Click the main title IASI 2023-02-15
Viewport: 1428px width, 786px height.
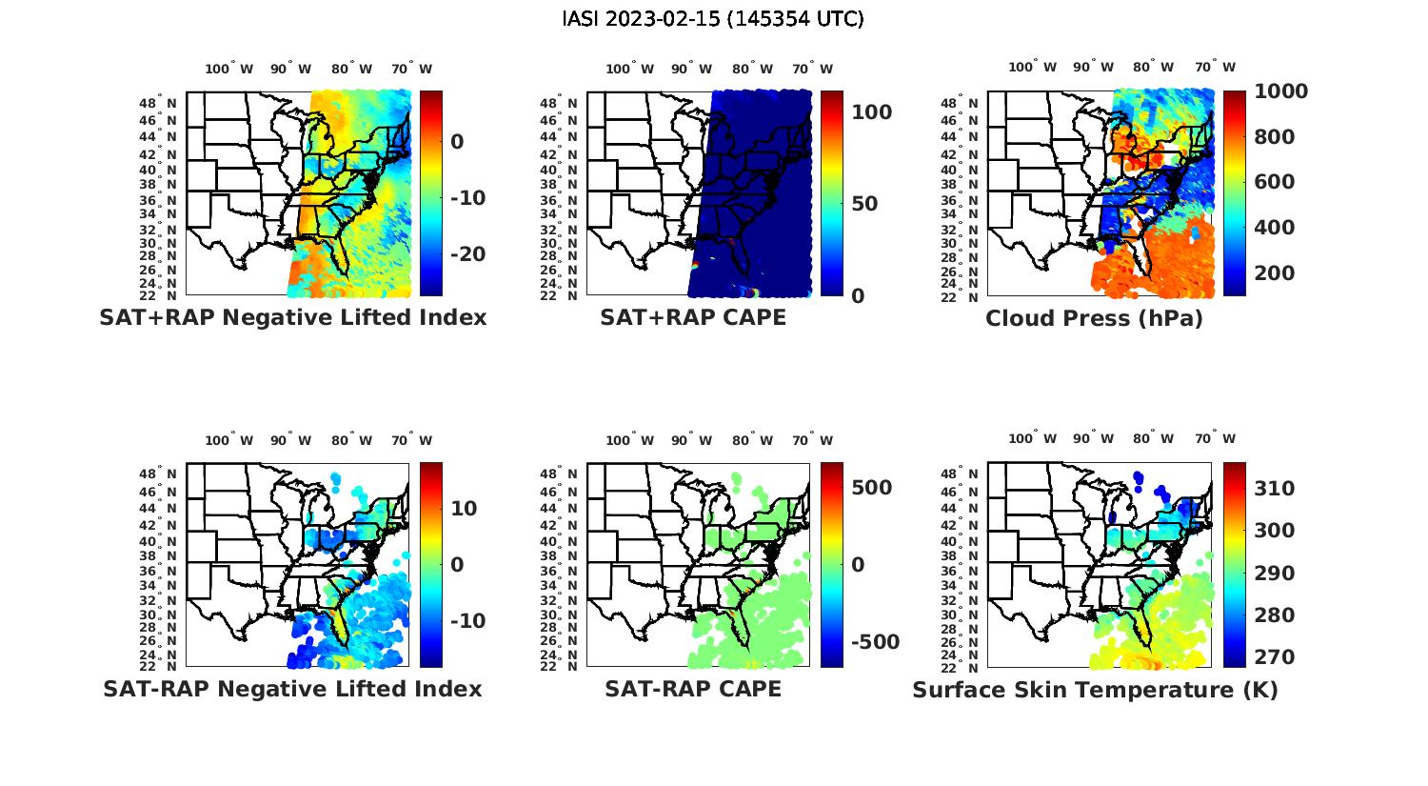click(x=713, y=19)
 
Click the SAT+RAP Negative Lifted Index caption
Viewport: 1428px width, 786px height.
click(x=292, y=317)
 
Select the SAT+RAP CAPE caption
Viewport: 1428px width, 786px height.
click(x=693, y=317)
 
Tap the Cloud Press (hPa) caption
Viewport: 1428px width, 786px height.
click(x=1094, y=318)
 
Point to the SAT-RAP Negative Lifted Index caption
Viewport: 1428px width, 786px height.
click(x=292, y=689)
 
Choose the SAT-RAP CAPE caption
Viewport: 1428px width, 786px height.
click(x=693, y=689)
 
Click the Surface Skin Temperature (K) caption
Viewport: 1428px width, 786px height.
click(x=1095, y=690)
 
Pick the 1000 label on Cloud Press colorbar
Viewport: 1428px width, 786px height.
click(x=1280, y=91)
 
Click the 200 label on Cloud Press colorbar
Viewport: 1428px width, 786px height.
click(x=1275, y=273)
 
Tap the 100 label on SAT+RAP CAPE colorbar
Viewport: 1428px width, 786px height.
click(x=871, y=112)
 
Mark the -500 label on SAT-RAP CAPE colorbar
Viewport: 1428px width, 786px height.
click(x=874, y=642)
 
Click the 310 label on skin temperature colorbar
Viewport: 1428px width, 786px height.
click(x=1275, y=489)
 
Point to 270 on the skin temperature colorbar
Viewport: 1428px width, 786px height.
click(x=1275, y=657)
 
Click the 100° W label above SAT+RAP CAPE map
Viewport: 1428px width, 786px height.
click(x=629, y=69)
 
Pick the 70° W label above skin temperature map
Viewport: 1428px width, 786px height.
click(x=1214, y=439)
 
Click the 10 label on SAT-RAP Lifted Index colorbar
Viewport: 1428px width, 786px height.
click(x=464, y=509)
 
